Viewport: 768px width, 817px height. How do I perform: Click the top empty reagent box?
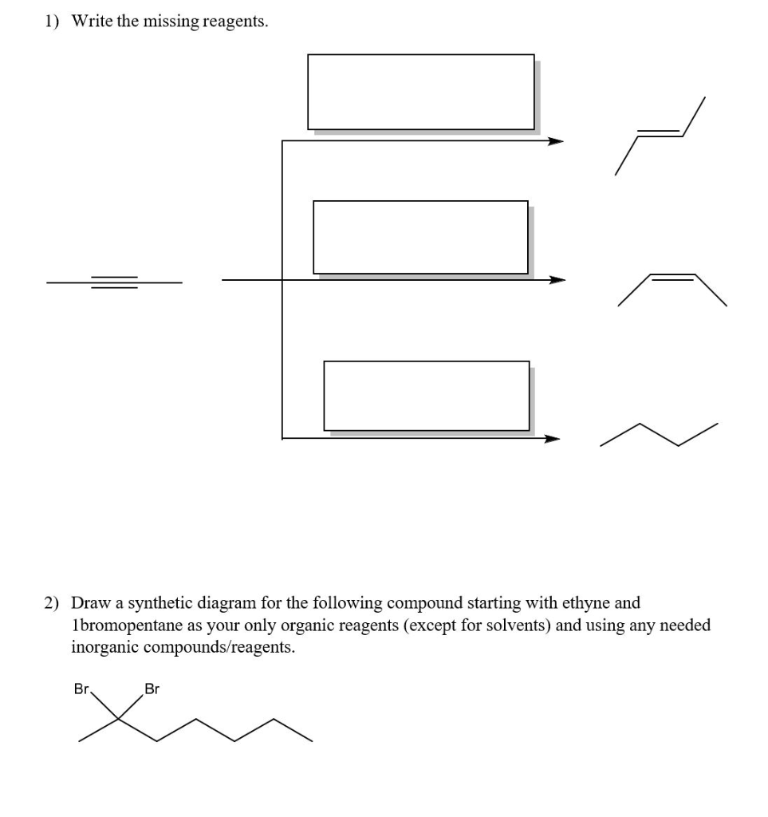pyautogui.click(x=420, y=92)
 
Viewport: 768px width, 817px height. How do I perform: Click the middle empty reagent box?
pyautogui.click(x=420, y=237)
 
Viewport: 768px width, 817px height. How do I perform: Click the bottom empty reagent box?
pyautogui.click(x=426, y=396)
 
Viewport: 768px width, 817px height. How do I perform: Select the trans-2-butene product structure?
pyautogui.click(x=660, y=136)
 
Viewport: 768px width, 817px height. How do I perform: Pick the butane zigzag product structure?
pyautogui.click(x=658, y=435)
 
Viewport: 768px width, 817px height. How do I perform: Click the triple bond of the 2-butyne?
pyautogui.click(x=114, y=282)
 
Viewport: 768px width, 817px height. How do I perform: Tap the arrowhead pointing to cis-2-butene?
pyautogui.click(x=556, y=280)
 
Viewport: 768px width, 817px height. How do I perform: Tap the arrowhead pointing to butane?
pyautogui.click(x=552, y=438)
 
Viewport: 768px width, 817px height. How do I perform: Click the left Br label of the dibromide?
pyautogui.click(x=82, y=688)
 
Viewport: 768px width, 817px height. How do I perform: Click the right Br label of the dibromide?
pyautogui.click(x=152, y=688)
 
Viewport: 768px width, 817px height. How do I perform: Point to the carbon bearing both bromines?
pyautogui.click(x=118, y=719)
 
